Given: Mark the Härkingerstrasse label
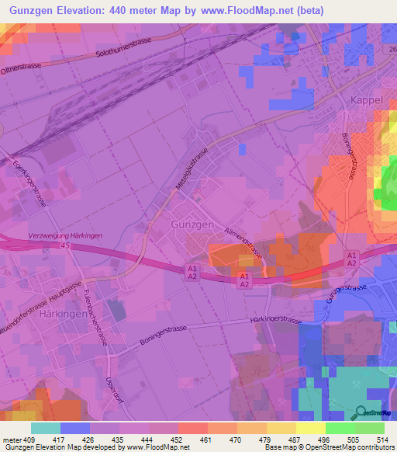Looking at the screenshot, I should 277,319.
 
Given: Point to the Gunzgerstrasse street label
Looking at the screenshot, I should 347,301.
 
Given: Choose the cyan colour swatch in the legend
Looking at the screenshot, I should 46,428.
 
